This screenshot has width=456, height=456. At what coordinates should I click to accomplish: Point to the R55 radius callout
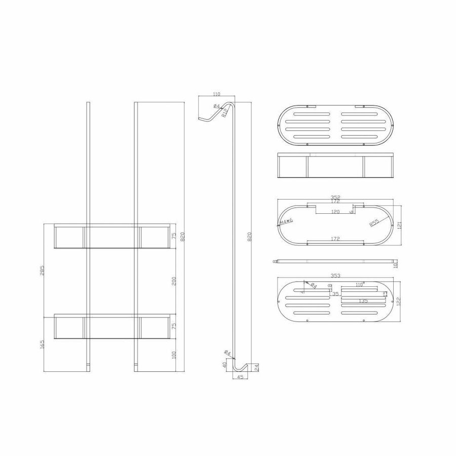373,222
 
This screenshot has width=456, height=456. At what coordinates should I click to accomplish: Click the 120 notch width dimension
336,211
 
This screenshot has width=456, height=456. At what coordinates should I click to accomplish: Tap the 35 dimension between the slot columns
335,293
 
